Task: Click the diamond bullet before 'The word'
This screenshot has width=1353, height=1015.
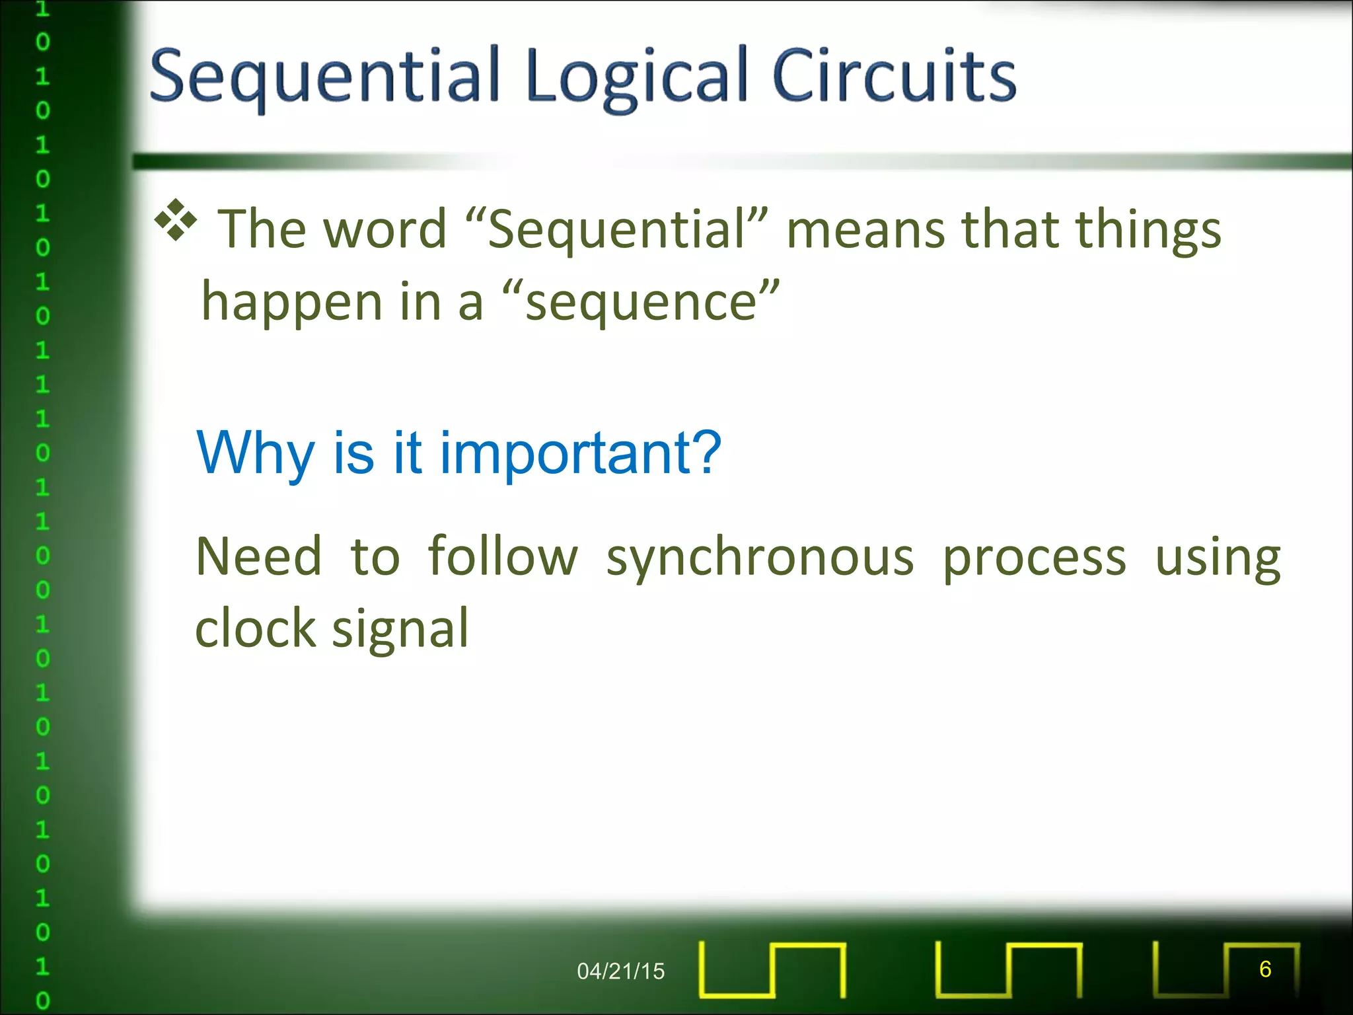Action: [176, 219]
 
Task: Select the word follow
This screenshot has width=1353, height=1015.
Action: [502, 556]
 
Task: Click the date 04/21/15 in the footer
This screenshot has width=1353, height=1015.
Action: [620, 971]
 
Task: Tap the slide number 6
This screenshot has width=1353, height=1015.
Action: [1264, 969]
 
